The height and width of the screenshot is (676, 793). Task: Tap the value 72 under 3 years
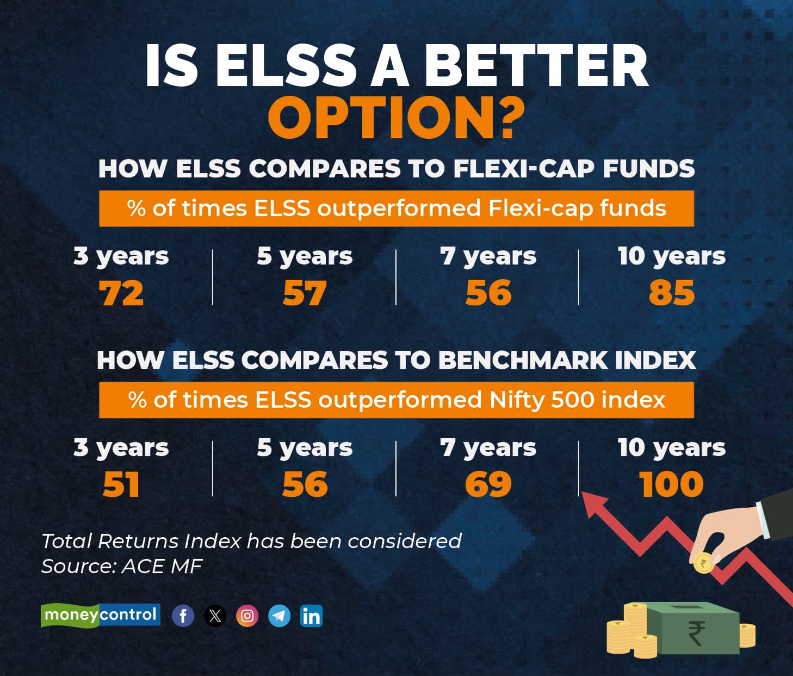121,293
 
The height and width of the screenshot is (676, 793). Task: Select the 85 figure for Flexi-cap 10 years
672,293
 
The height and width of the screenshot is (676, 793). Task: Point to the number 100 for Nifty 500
671,484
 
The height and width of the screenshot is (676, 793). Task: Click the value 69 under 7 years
488,484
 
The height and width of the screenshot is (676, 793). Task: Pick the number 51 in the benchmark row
121,484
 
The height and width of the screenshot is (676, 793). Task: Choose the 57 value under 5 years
305,293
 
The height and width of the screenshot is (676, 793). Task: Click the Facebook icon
183,616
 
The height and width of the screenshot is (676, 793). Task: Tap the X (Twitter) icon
215,616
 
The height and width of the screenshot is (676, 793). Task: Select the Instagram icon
247,616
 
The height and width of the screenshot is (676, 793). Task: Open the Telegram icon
280,616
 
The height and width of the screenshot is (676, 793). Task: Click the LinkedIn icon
311,616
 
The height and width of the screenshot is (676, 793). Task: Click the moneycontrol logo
101,616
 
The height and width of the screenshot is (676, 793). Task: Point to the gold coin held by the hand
704,563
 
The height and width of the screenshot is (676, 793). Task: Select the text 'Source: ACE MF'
122,566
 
